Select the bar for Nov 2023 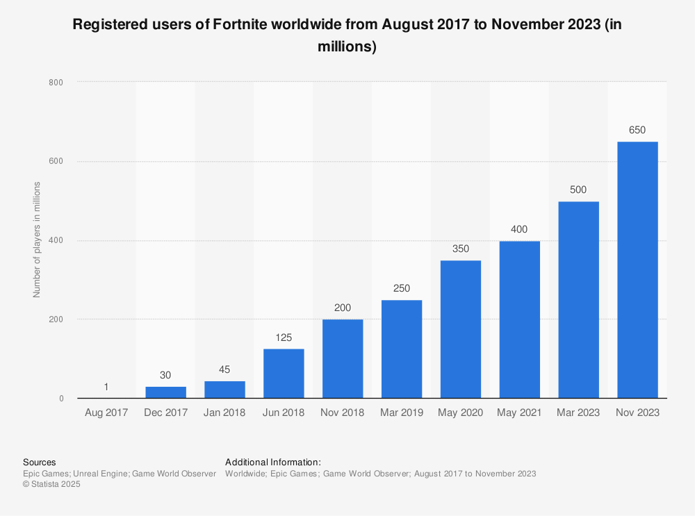click(637, 269)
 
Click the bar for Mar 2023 click(578, 299)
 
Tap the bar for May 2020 click(460, 329)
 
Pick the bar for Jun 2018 click(284, 374)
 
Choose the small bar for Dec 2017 click(165, 392)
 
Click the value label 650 click(637, 130)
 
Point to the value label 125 click(284, 337)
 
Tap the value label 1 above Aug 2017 click(106, 387)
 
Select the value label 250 click(401, 288)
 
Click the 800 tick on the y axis click(56, 83)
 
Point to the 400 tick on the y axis click(56, 241)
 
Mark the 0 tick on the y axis click(61, 399)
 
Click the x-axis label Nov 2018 click(342, 413)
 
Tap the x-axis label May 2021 click(519, 413)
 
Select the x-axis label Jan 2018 click(224, 413)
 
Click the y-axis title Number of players click(37, 240)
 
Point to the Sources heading click(40, 462)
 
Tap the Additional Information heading click(272, 462)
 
